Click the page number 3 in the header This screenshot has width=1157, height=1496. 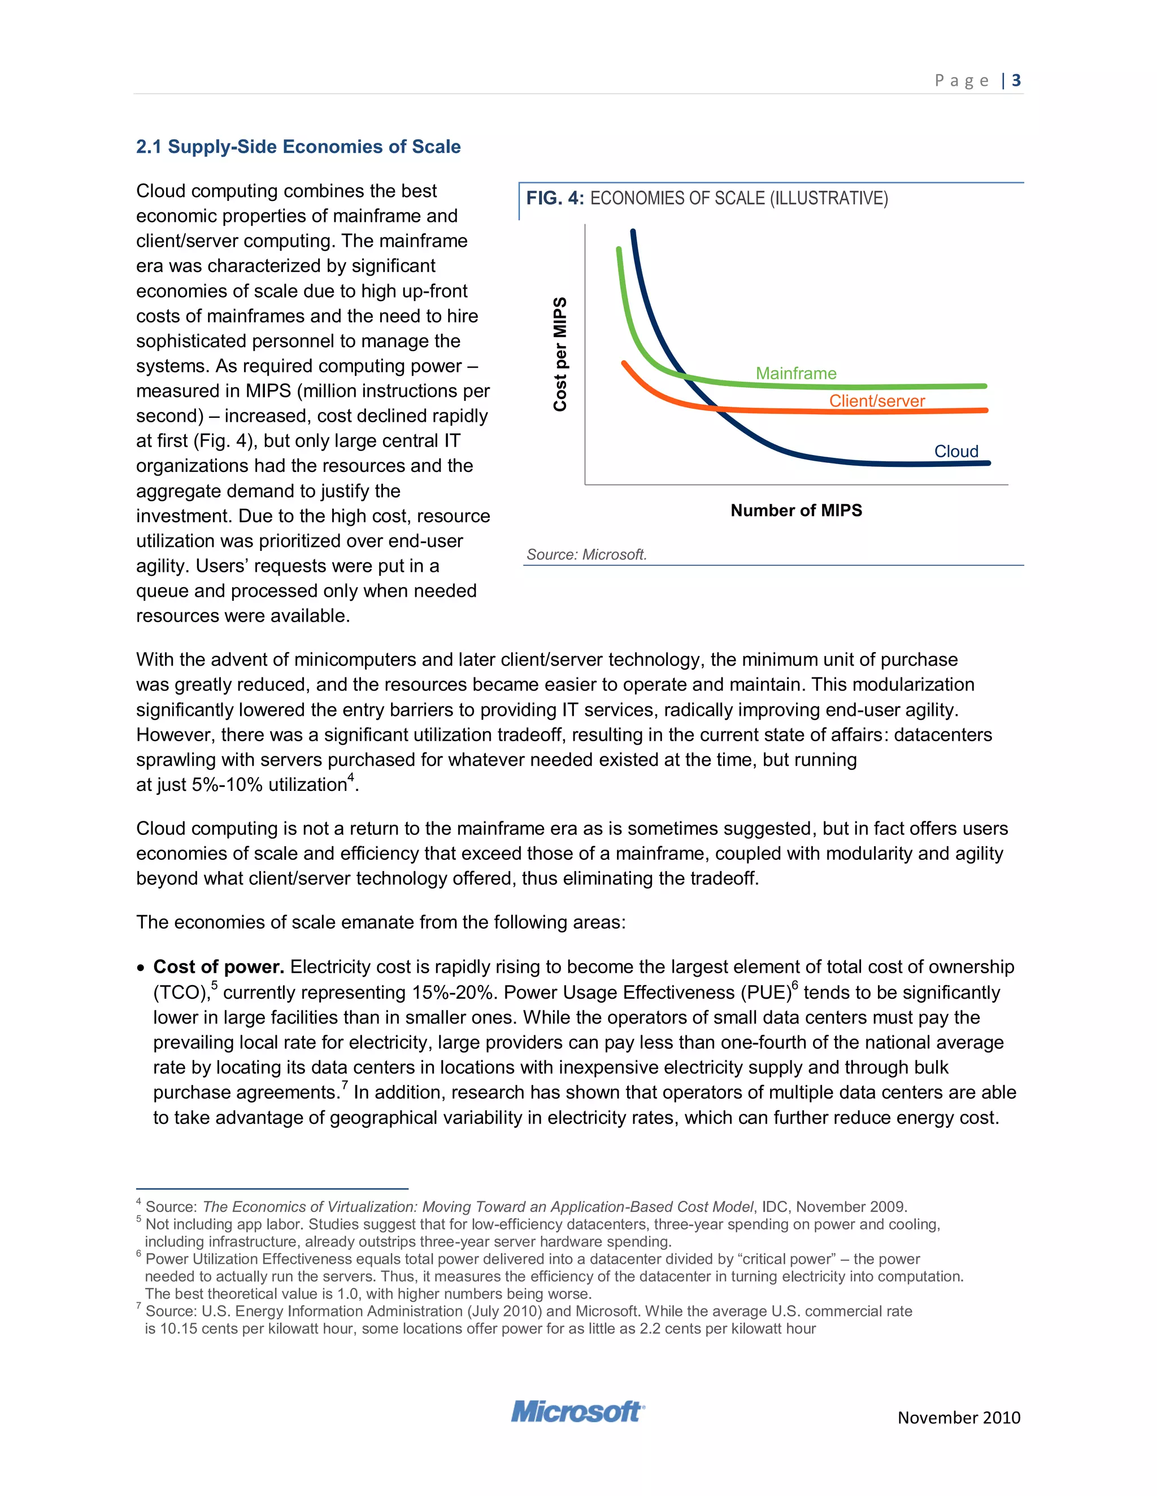[x=1016, y=81]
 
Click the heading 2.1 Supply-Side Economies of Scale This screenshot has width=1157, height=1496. [x=298, y=147]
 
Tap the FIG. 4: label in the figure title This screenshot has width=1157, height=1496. [x=555, y=199]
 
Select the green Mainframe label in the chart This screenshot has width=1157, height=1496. [x=796, y=373]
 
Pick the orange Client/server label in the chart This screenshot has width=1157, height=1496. [x=877, y=401]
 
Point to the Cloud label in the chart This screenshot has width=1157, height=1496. [x=956, y=452]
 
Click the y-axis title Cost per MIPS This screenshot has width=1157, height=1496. [x=560, y=354]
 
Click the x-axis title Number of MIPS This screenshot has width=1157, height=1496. [x=796, y=510]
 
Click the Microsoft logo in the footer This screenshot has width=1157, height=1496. [x=577, y=1412]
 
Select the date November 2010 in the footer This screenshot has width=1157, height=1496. [x=958, y=1417]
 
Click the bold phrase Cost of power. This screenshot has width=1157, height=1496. [x=218, y=967]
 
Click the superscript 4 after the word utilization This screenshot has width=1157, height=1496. [x=351, y=777]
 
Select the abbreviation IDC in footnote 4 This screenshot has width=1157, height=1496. [x=775, y=1207]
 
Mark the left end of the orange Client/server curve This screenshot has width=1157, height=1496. [x=624, y=364]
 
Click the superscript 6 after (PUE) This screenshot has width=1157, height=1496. [x=795, y=986]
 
